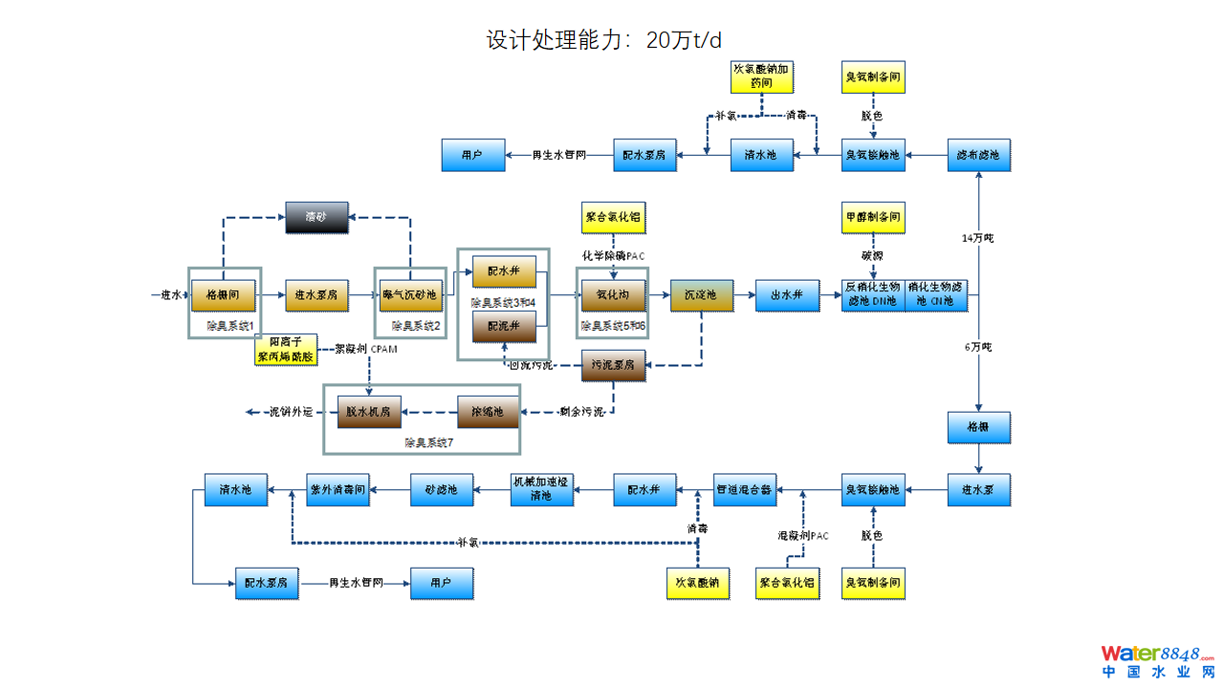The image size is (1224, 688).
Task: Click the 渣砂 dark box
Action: [x=317, y=218]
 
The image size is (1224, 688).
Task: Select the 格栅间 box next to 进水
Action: [x=223, y=295]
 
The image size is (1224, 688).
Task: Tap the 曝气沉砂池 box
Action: [x=410, y=295]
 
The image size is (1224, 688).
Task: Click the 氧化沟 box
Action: [x=613, y=295]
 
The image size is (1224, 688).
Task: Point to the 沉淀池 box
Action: [x=701, y=295]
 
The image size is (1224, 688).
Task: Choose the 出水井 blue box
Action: [x=787, y=295]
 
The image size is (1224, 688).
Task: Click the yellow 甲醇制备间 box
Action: [x=873, y=218]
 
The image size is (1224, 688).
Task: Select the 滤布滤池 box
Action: [x=978, y=155]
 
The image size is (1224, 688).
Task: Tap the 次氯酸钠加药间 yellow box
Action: [x=761, y=76]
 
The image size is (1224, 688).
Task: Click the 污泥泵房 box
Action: [x=614, y=365]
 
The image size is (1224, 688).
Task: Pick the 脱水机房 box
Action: [x=369, y=412]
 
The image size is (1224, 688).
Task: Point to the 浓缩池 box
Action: [x=488, y=412]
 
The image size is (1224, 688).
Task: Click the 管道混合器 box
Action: [x=744, y=490]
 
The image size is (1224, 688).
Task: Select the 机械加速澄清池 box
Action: [x=542, y=489]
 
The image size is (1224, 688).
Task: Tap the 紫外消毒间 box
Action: [x=338, y=490]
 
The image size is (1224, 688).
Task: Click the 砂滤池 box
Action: [x=441, y=490]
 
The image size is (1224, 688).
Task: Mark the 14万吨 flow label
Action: [x=977, y=237]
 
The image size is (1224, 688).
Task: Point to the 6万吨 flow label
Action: [x=977, y=347]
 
